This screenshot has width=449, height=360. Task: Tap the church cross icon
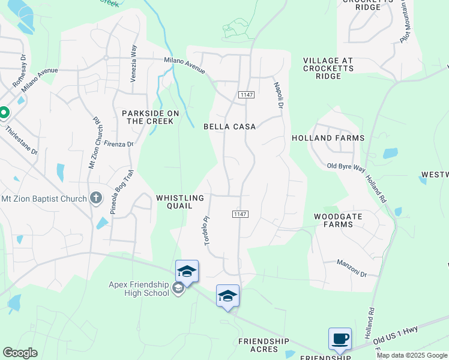point(96,198)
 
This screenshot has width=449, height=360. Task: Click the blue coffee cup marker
point(340,339)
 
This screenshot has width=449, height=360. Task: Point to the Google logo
point(20,353)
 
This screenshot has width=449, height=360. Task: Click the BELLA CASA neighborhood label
point(229,127)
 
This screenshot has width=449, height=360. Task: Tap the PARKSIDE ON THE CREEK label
point(148,117)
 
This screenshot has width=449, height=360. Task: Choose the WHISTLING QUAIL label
point(180,201)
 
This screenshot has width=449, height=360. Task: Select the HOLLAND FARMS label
point(328,138)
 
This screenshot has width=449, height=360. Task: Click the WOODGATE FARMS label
point(334,220)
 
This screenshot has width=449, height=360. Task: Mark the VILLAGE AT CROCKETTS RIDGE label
point(330,68)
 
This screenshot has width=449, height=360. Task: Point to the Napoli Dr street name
point(279,95)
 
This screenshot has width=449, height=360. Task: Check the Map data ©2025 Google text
point(412,355)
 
